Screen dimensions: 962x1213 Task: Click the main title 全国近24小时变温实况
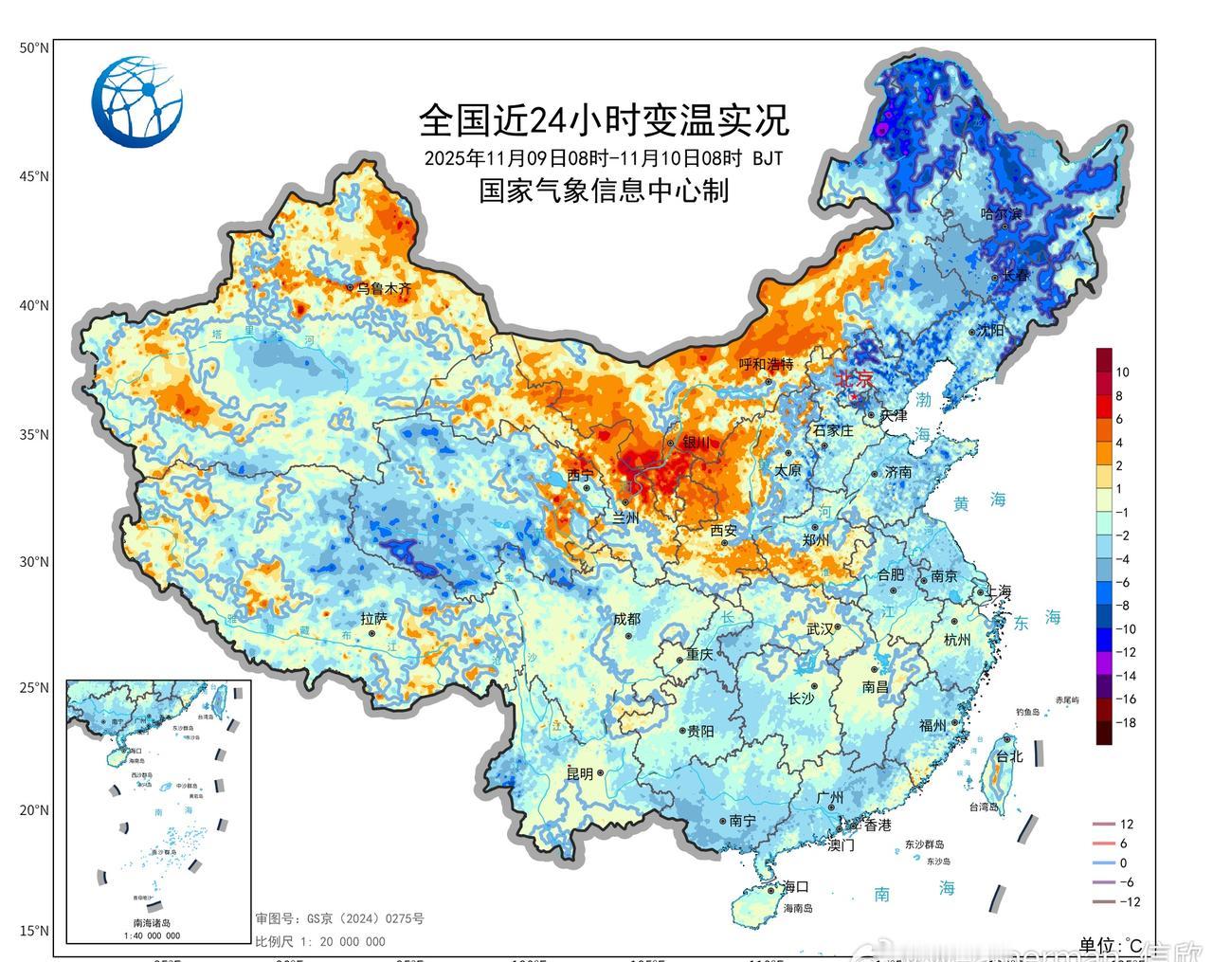click(604, 120)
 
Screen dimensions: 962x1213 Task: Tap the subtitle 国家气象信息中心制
click(604, 191)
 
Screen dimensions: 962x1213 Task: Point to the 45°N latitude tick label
click(35, 176)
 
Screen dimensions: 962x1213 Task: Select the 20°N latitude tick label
click(35, 810)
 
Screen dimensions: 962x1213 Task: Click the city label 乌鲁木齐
click(384, 288)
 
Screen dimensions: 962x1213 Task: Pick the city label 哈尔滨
click(1002, 214)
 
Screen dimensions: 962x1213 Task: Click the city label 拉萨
click(374, 618)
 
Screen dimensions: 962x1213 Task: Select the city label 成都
click(626, 619)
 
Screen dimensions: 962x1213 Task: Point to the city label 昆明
click(580, 773)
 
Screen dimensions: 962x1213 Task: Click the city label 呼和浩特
click(766, 365)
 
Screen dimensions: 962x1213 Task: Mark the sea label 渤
click(923, 400)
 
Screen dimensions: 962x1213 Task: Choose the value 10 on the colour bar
click(1122, 372)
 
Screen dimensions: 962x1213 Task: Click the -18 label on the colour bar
click(1126, 723)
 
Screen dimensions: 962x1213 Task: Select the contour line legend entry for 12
click(1126, 825)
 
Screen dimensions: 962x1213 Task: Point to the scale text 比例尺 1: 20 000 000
click(320, 941)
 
